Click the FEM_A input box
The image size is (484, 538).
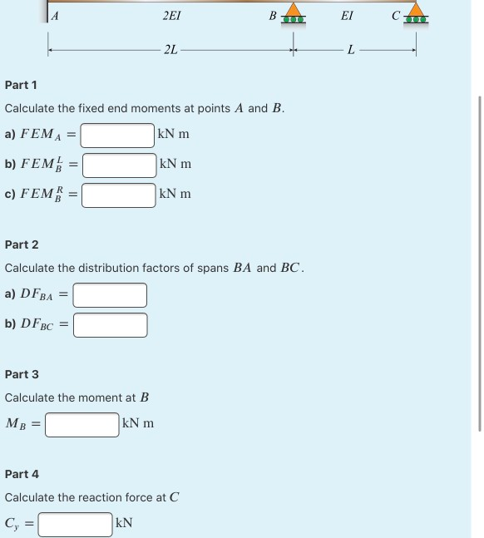(117, 135)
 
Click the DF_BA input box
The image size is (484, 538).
(110, 294)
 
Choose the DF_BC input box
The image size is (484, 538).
(110, 324)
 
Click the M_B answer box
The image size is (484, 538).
(81, 424)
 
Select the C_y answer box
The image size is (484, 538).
(75, 524)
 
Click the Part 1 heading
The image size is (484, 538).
(21, 85)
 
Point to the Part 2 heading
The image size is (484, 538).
(22, 244)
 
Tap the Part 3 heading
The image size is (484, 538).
(22, 374)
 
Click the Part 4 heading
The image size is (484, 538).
(22, 474)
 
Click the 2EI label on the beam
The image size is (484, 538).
(171, 15)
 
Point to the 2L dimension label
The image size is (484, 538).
(170, 51)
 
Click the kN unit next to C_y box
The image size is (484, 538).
(124, 524)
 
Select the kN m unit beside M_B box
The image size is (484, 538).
(137, 424)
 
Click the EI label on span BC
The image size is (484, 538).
(347, 15)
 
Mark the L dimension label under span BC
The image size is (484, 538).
(351, 51)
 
